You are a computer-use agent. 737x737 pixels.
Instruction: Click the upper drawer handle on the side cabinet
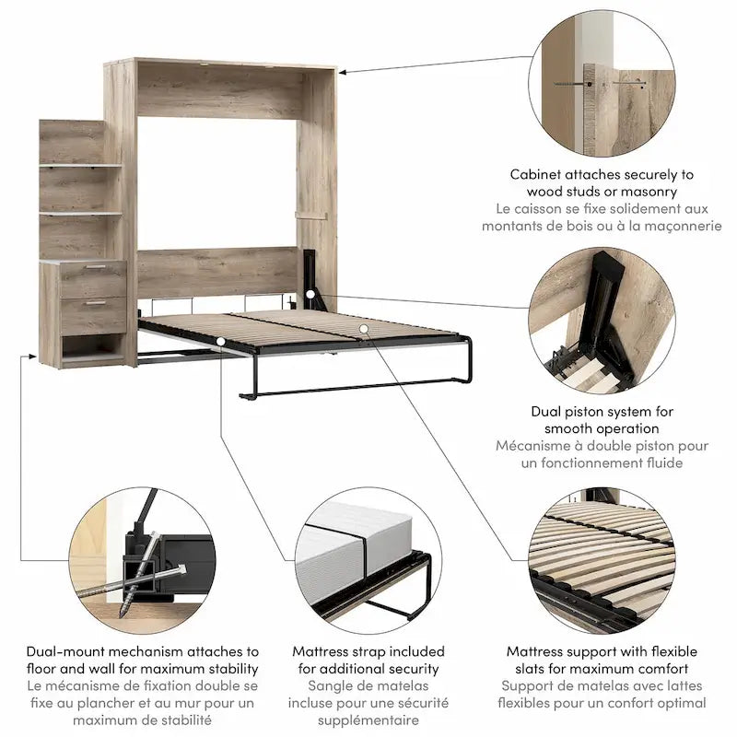click(97, 267)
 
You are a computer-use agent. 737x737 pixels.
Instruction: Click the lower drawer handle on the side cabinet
click(96, 303)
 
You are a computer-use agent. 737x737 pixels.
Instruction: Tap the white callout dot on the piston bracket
click(310, 295)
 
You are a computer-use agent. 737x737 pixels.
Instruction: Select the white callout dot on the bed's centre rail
click(363, 329)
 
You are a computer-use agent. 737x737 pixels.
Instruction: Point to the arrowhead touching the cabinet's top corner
click(342, 72)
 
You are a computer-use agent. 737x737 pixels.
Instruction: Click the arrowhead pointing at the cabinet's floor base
click(32, 357)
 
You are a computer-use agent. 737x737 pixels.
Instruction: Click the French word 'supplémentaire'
click(368, 720)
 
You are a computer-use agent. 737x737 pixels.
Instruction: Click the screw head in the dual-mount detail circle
click(180, 569)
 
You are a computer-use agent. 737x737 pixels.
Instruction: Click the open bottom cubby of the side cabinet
click(93, 347)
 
